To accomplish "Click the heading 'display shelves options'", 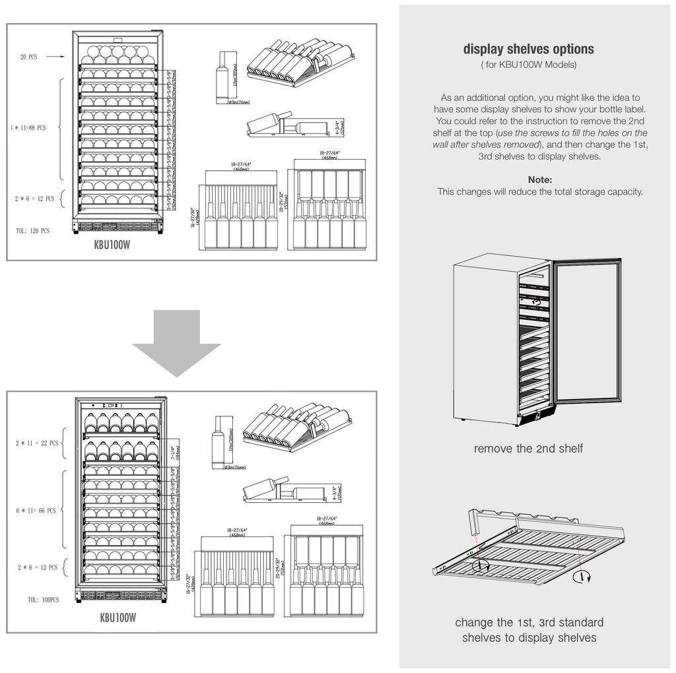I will [x=528, y=49].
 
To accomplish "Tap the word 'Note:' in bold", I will [x=540, y=179].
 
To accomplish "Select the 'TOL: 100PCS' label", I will [x=44, y=600].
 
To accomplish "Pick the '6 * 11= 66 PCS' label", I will [x=36, y=510].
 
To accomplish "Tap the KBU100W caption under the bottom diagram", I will [x=118, y=618].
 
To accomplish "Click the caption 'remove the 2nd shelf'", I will [x=528, y=449].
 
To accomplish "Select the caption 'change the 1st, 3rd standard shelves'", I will [x=529, y=629].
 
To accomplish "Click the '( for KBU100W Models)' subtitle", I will [x=528, y=65].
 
